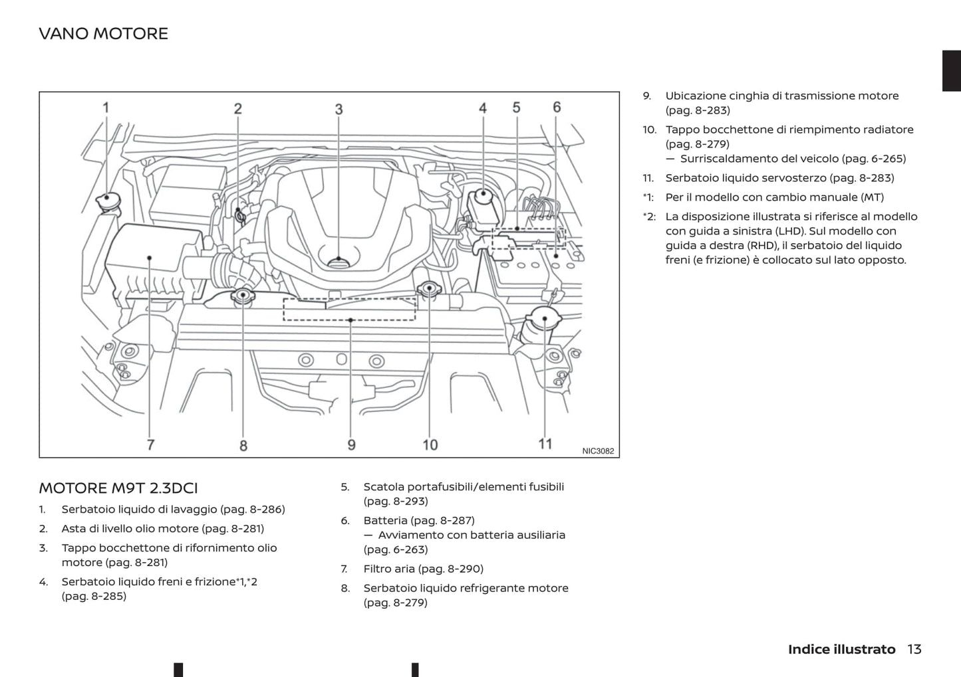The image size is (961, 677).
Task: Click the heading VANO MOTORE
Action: (103, 33)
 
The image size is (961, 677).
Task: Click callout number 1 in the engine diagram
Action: (105, 107)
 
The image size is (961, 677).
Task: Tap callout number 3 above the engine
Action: (339, 109)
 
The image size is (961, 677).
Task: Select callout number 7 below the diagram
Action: (151, 444)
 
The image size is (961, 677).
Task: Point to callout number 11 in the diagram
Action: (545, 443)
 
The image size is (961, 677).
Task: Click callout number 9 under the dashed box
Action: (351, 444)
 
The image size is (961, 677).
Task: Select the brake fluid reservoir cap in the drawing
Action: (483, 197)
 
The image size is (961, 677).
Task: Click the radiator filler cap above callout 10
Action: (429, 289)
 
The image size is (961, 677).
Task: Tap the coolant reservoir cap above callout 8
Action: (243, 295)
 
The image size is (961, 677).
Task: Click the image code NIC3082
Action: (598, 451)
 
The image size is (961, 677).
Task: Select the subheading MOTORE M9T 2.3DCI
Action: (118, 488)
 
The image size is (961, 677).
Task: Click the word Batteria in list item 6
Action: (385, 520)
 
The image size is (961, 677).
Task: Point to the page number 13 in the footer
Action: (914, 649)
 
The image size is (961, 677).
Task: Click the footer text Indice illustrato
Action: (841, 649)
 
